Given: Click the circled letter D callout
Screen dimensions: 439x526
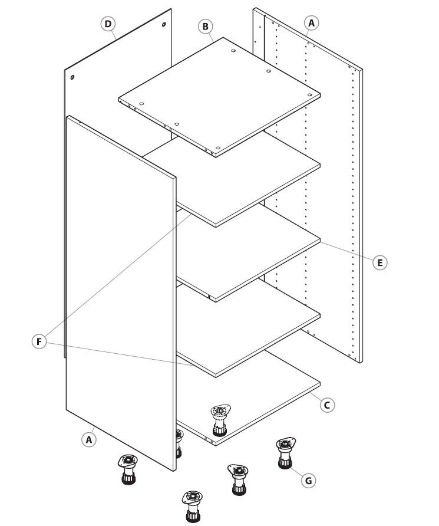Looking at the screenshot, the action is coord(108,24).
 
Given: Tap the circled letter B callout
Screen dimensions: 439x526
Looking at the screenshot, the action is coord(206,26).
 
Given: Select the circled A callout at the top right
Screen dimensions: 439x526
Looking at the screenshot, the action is coord(311,23).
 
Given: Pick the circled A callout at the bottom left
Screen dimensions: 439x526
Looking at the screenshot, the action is coord(89,439).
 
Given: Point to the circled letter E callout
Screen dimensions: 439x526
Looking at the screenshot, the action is coord(379,262).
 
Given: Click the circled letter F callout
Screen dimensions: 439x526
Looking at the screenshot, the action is coord(39,341).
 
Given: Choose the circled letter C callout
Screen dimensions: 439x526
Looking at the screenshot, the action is coord(327,405).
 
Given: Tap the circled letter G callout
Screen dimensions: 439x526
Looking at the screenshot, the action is coord(308,481).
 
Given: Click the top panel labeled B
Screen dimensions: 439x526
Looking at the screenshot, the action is coord(219,97).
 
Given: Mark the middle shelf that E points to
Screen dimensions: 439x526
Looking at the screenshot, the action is coord(249,254).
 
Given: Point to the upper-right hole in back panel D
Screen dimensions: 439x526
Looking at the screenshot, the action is coord(164,25).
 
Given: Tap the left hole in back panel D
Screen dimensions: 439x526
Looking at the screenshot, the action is coord(72,77).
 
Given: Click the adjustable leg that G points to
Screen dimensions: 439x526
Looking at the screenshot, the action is coord(286,453).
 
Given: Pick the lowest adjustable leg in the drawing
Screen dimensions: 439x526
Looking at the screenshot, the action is coord(192,507).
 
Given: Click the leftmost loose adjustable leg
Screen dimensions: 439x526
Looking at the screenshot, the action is coord(128,469).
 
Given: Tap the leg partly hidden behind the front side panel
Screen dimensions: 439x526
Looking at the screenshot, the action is coord(179,443).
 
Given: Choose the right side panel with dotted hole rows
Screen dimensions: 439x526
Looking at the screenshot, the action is coord(308,185).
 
